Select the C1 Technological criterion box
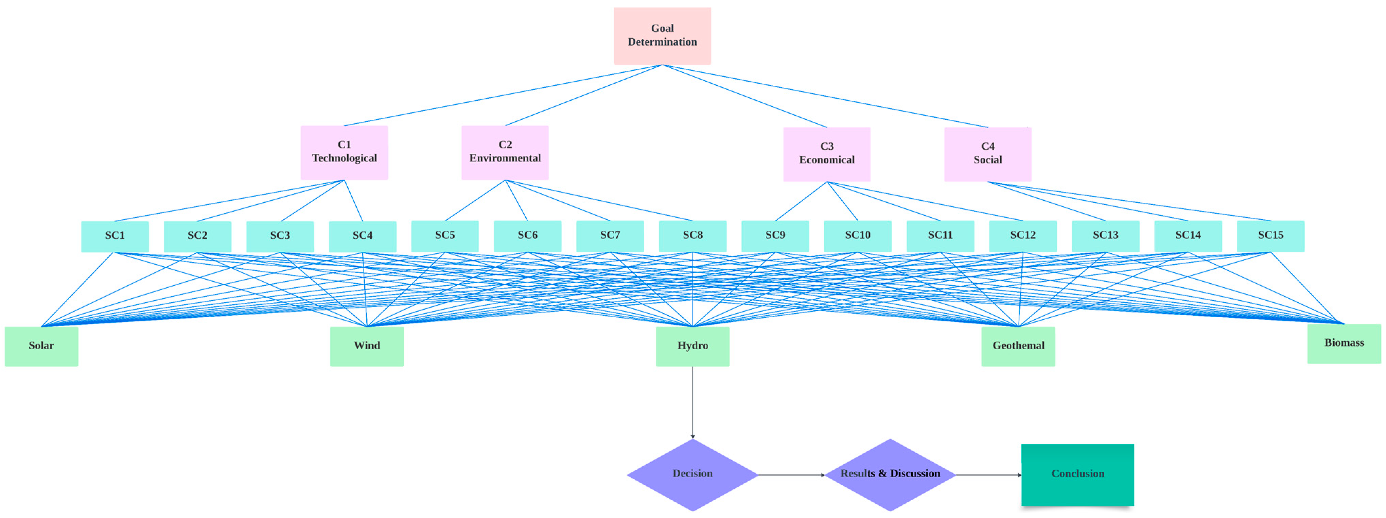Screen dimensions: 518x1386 344,152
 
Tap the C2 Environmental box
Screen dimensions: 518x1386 505,152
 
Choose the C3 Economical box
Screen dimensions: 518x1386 826,154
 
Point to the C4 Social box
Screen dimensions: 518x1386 987,154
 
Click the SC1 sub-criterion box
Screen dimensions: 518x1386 115,236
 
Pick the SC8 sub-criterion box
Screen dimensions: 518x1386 692,236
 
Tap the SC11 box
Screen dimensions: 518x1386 940,236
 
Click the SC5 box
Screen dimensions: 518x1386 445,236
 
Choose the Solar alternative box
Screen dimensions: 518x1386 41,346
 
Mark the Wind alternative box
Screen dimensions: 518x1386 367,346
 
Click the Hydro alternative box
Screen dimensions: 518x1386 692,346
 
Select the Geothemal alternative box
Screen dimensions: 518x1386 1018,346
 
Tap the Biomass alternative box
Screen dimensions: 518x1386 1344,344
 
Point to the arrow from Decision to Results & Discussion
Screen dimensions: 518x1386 791,475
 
